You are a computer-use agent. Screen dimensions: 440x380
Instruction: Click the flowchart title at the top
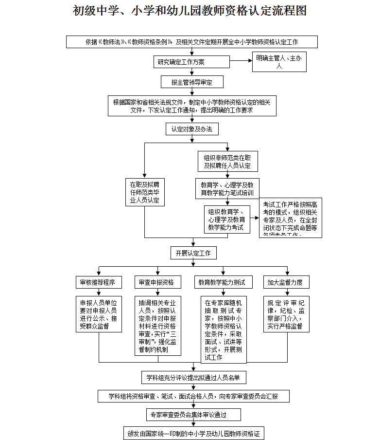coord(190,11)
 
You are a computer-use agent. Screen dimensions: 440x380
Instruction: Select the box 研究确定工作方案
coord(191,62)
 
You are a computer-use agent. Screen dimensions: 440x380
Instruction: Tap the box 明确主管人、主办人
coord(279,62)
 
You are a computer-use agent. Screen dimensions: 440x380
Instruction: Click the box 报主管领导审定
coord(192,82)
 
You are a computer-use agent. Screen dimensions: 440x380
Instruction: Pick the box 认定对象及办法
coord(192,129)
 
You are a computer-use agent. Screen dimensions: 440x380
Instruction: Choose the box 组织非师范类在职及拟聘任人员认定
coord(227,161)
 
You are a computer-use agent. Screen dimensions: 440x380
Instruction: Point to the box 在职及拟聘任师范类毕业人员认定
coord(144,192)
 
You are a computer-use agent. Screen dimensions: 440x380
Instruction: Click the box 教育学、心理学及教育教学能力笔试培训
coord(227,189)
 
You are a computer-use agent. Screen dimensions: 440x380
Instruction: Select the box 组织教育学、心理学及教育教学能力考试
coord(226,220)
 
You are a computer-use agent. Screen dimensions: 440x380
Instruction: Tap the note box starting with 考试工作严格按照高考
coord(290,217)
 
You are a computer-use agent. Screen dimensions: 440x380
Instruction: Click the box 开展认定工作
coord(193,253)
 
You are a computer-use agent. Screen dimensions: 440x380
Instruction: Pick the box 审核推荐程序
coord(99,282)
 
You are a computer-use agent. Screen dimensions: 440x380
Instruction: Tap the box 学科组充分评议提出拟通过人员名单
coord(193,377)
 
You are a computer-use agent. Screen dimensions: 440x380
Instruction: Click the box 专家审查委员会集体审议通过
coord(193,415)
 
